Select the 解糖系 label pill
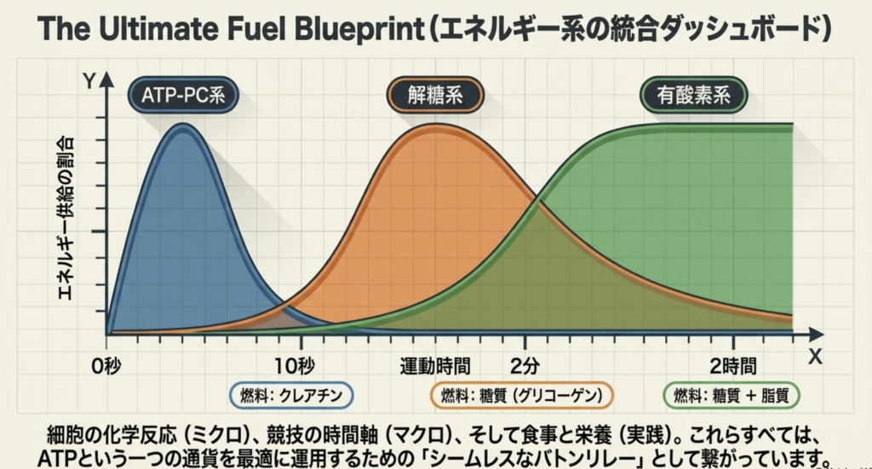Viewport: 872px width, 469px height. (435, 95)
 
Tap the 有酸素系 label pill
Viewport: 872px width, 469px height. (693, 95)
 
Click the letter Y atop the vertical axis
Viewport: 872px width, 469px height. (88, 82)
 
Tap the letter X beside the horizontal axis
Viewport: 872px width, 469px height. (815, 357)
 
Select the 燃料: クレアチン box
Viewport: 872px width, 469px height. (291, 395)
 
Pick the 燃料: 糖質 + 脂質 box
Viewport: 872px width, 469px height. (731, 395)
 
